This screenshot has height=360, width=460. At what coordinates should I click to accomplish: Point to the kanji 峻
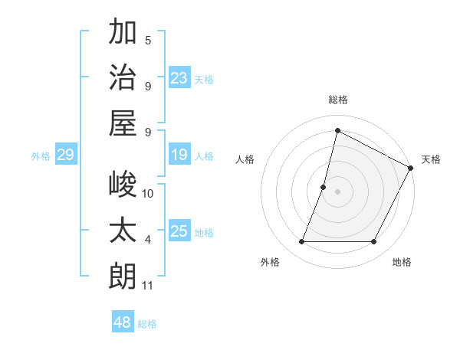123,185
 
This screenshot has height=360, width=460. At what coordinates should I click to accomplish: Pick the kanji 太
123,230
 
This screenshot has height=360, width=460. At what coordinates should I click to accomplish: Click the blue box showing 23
179,77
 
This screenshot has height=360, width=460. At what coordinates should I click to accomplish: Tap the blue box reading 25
179,232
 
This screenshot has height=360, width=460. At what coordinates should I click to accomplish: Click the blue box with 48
123,322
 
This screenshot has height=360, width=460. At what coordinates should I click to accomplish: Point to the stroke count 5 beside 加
148,41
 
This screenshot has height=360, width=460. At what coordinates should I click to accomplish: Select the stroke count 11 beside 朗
148,286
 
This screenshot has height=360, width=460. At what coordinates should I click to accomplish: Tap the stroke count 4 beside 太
148,241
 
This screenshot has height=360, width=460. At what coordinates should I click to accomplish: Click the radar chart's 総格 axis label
337,100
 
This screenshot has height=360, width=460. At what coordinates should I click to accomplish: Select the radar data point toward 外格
301,242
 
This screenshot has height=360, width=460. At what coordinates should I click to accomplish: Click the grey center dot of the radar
337,191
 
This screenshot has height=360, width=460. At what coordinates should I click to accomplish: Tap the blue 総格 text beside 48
147,324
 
